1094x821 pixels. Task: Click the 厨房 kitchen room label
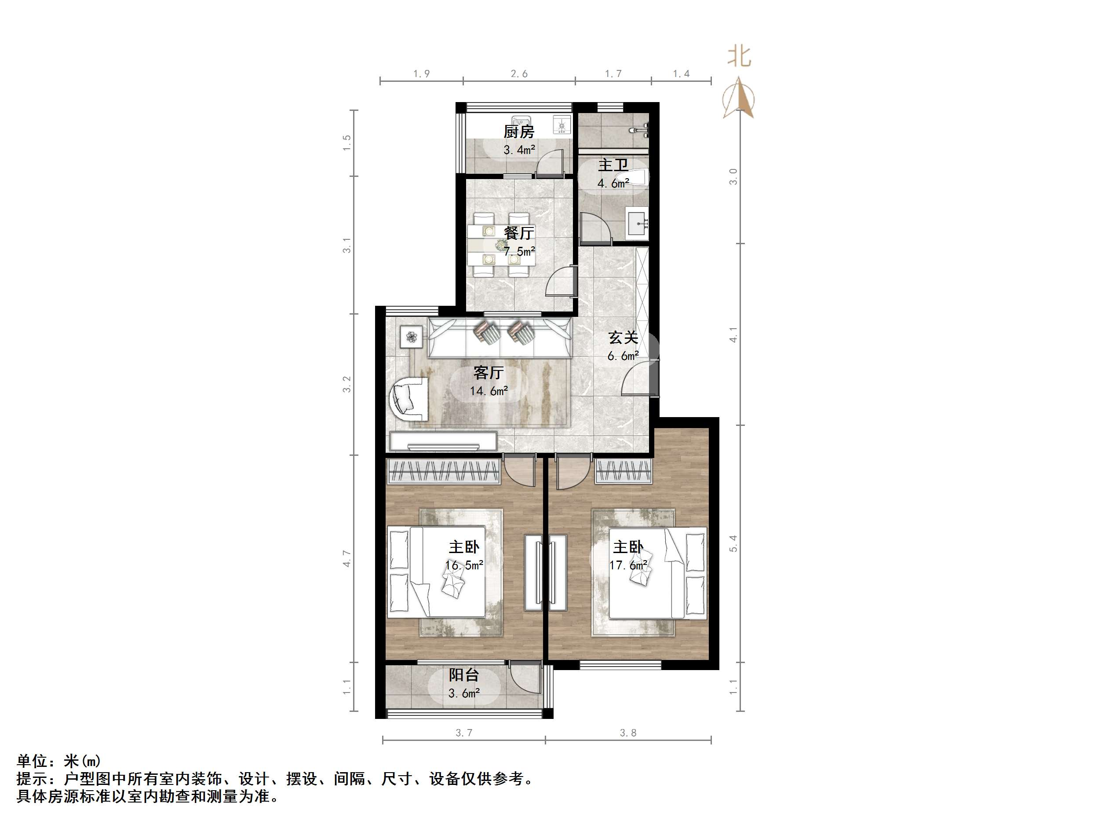tap(519, 132)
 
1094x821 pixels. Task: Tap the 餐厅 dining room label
tap(519, 233)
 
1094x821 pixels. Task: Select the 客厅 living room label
tap(488, 372)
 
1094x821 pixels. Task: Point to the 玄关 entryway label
tap(623, 337)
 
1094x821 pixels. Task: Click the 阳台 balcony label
tap(463, 675)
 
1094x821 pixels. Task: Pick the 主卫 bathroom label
tap(613, 165)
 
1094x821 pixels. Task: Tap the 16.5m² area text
tap(464, 565)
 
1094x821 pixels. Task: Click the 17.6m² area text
tap(628, 565)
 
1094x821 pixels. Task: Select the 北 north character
tap(739, 56)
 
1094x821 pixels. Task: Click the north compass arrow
tap(738, 99)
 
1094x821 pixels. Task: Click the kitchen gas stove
tap(562, 125)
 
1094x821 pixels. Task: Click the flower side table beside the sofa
tap(412, 337)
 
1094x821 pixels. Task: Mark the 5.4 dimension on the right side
tap(733, 543)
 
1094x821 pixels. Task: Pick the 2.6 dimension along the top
tap(519, 74)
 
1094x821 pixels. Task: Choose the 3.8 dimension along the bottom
tap(628, 733)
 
